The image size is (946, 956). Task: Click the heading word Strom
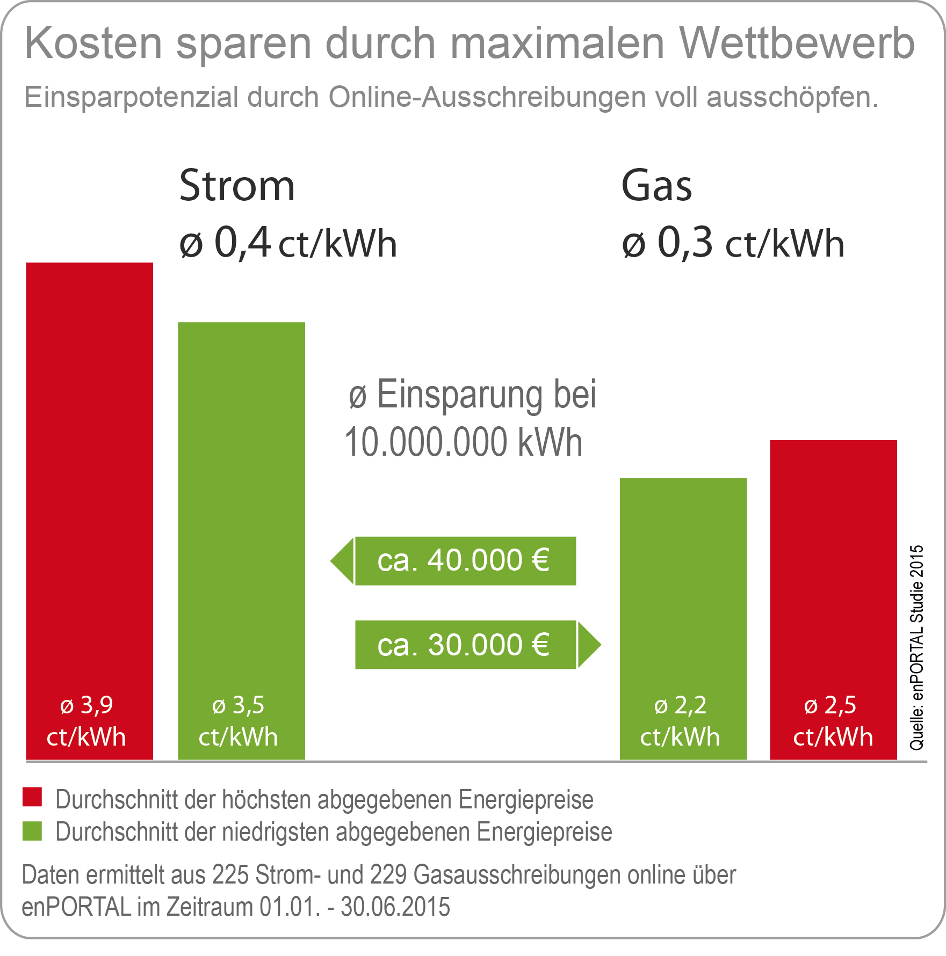[x=237, y=186]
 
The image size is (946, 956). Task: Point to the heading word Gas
[x=656, y=186]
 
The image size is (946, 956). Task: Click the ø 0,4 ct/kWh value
[x=288, y=243]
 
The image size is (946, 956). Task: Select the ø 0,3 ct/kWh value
[x=733, y=243]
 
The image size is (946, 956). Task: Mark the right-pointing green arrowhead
[x=589, y=645]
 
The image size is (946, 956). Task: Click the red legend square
[x=32, y=797]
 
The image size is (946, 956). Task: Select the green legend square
[x=32, y=831]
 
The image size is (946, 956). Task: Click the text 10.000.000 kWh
[x=464, y=442]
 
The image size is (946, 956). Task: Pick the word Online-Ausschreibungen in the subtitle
[x=487, y=97]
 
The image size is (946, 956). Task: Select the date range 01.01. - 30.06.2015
[x=355, y=907]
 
